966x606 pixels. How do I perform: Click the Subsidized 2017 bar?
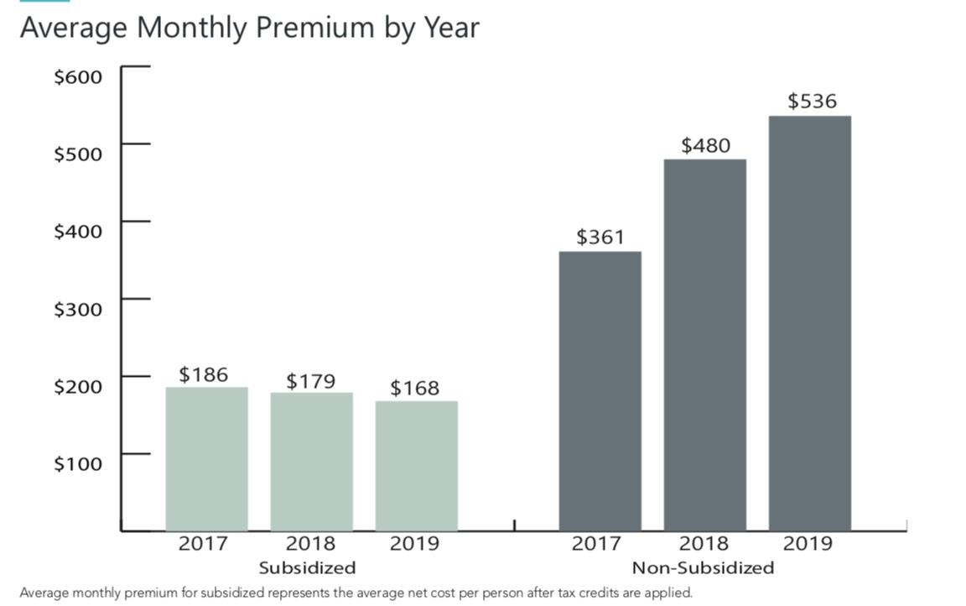point(206,458)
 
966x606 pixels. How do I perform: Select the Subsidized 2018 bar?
point(311,461)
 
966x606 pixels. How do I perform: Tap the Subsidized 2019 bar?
point(416,465)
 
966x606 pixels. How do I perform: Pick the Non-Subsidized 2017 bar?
point(600,390)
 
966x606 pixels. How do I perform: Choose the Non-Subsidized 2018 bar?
point(704,344)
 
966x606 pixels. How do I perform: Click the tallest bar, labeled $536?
point(809,322)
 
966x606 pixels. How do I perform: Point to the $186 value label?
point(204,374)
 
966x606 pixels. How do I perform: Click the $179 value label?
point(310,381)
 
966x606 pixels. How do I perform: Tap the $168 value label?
point(414,388)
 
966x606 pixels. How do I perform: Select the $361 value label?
point(600,238)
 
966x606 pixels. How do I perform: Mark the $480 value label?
point(705,145)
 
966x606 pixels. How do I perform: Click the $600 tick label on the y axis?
point(78,77)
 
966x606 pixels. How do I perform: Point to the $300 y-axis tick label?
point(78,309)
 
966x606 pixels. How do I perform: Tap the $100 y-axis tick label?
point(78,463)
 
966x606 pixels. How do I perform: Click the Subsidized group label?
point(307,567)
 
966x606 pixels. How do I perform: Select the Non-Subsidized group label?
point(703,567)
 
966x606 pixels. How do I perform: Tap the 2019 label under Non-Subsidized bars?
point(808,544)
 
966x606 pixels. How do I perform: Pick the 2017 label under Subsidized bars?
point(203,544)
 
